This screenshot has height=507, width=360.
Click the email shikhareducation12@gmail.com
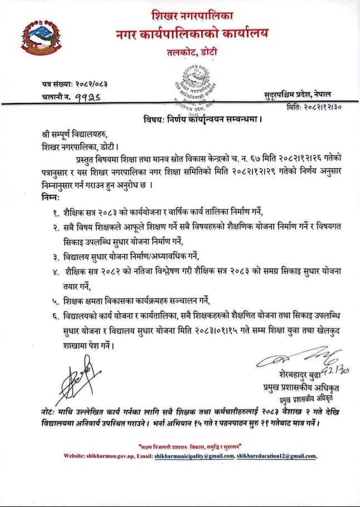click(276, 456)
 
